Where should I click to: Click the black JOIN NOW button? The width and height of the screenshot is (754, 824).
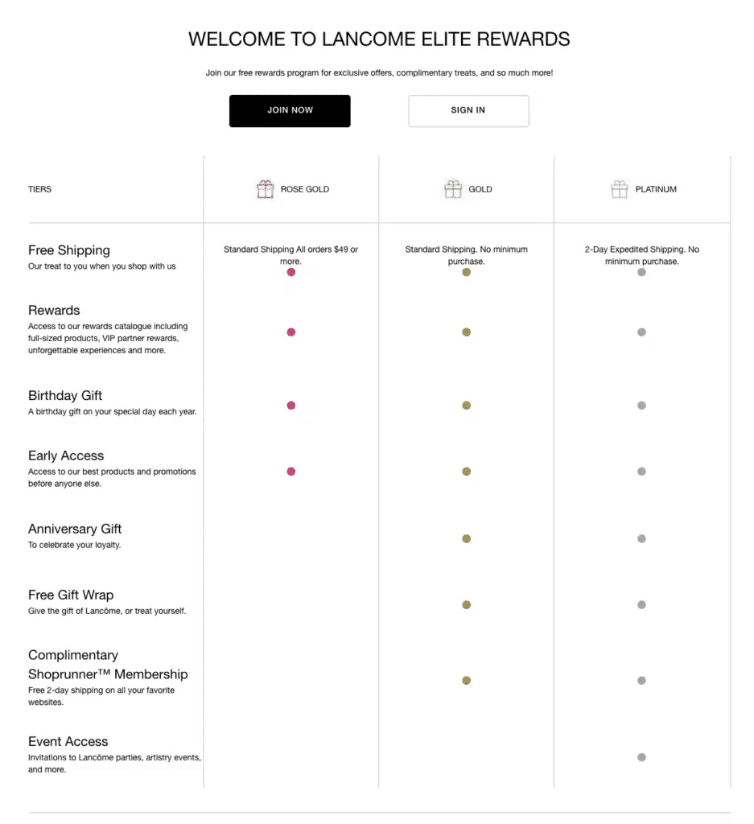coord(290,111)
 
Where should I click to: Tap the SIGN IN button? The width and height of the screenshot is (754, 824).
coord(468,111)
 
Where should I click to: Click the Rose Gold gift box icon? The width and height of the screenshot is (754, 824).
coord(266,190)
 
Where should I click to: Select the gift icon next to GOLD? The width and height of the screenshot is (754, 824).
coord(453,190)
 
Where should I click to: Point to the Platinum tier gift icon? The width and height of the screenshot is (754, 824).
coord(619,190)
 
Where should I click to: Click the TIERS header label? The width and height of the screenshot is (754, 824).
coord(39,190)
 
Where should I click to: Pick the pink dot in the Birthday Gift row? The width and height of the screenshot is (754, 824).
coord(291,406)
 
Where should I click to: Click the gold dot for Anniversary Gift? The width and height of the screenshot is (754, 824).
coord(466,538)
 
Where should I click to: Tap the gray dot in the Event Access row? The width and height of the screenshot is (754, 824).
coord(641,757)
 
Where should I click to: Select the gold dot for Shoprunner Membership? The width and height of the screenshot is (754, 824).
coord(466,681)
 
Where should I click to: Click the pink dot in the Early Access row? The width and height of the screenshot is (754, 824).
coord(291,472)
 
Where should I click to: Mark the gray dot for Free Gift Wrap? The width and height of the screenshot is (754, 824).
coord(641,605)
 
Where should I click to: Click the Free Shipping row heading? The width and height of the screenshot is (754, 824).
coord(69,250)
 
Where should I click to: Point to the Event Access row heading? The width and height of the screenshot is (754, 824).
coord(68,742)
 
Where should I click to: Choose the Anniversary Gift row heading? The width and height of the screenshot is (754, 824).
coord(75,529)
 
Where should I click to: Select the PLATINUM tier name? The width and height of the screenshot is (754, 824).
coord(656,190)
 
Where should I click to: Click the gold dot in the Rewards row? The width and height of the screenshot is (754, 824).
coord(466,332)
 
